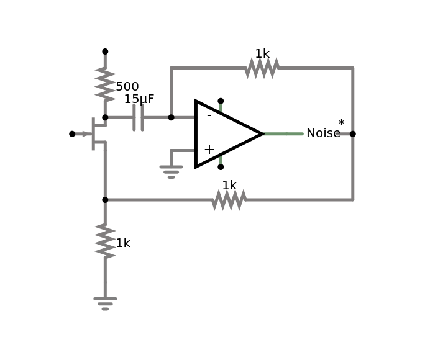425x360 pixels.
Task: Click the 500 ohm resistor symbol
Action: tap(105, 84)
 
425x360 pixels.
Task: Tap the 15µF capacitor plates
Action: tap(138, 117)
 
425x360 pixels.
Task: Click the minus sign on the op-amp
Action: tap(209, 115)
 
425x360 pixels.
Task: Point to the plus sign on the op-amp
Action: tap(209, 150)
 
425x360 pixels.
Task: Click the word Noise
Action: tap(323, 133)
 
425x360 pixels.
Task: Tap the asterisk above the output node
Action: tap(341, 124)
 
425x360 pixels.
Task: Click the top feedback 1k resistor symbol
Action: tap(262, 68)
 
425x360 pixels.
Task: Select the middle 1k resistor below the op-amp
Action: tap(229, 200)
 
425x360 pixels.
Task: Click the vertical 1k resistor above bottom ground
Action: tap(105, 241)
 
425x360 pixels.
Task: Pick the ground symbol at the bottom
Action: tap(105, 303)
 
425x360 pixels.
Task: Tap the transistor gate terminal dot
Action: tap(72, 133)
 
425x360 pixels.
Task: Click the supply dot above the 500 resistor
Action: tap(105, 52)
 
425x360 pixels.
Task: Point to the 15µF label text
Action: tap(139, 99)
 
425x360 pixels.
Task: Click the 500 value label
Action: tap(127, 87)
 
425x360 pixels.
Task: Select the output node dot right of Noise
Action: tap(353, 133)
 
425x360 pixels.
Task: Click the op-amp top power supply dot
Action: tap(221, 101)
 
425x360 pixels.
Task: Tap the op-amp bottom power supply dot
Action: tap(221, 167)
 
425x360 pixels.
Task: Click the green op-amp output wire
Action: tap(283, 133)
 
